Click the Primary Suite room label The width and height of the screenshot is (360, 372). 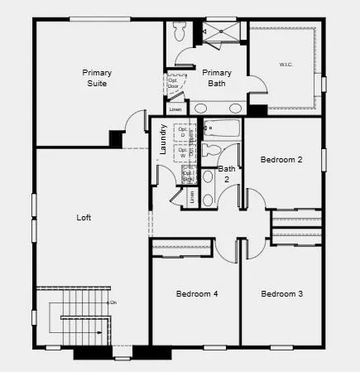pos(97,78)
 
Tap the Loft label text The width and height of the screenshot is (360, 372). pos(84,218)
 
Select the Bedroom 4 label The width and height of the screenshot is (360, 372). pos(196,294)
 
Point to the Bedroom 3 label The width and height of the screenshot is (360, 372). pos(281,294)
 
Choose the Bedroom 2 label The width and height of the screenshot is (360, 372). pos(281,159)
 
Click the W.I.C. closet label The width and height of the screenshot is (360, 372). pos(286,65)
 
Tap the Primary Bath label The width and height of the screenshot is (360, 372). pos(217,78)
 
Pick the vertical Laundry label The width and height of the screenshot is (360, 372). pos(164,139)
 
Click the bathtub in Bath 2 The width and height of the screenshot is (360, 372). pos(221,129)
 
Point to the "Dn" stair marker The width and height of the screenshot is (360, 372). pos(113,303)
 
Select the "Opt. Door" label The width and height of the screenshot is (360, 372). pos(174,82)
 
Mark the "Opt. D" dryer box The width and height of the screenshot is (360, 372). pos(183,134)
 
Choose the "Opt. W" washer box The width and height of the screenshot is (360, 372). pos(183,152)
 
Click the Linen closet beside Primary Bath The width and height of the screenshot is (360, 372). pos(175,109)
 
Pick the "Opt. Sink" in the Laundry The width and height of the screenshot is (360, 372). pos(188,175)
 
